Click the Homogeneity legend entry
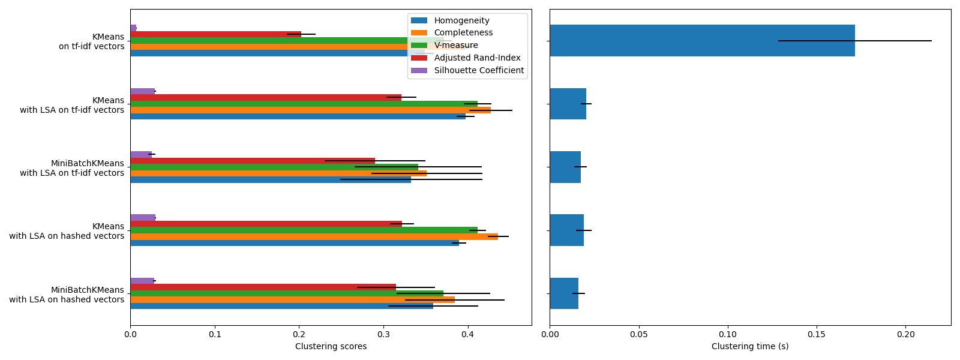click(x=461, y=20)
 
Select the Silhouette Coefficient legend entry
click(x=479, y=70)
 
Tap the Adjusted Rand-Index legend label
click(x=477, y=58)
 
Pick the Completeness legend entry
click(x=463, y=33)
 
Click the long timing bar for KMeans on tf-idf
click(x=702, y=40)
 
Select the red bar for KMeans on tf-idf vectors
click(x=215, y=34)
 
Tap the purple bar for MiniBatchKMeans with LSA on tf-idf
click(x=141, y=154)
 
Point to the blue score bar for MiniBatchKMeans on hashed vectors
click(x=281, y=306)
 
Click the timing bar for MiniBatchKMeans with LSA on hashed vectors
click(x=564, y=293)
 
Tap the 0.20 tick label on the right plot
click(x=905, y=334)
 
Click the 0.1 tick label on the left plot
click(x=215, y=334)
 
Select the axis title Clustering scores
click(x=331, y=347)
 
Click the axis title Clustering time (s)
click(x=750, y=347)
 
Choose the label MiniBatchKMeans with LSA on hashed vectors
click(x=67, y=295)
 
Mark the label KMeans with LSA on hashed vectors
click(x=67, y=231)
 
